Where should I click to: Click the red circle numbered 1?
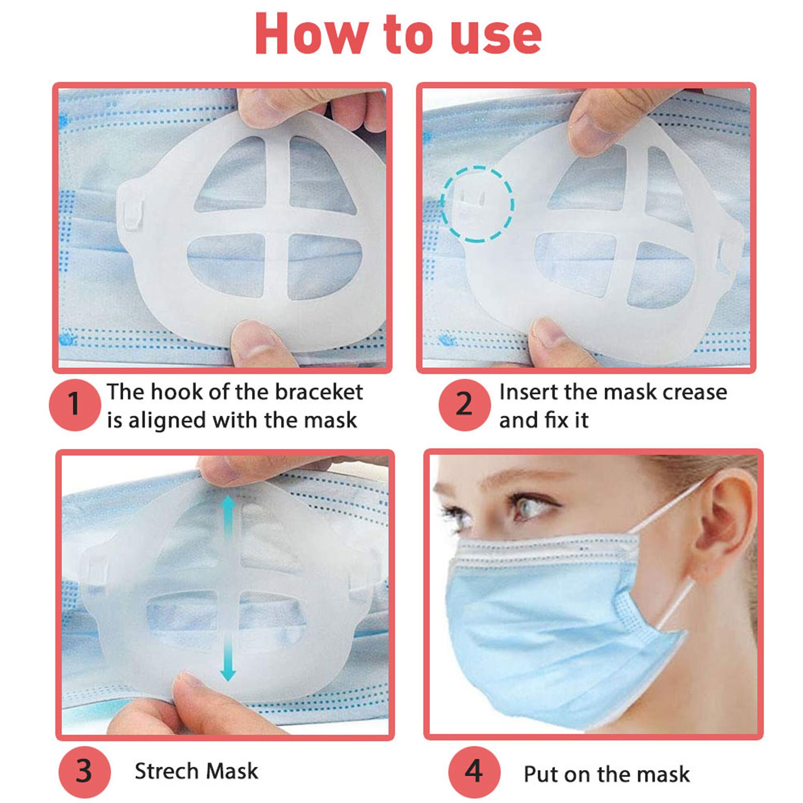click(x=75, y=404)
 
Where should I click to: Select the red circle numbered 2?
click(x=464, y=404)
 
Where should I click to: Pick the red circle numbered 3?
click(x=84, y=771)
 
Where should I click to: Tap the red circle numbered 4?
click(x=474, y=771)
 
